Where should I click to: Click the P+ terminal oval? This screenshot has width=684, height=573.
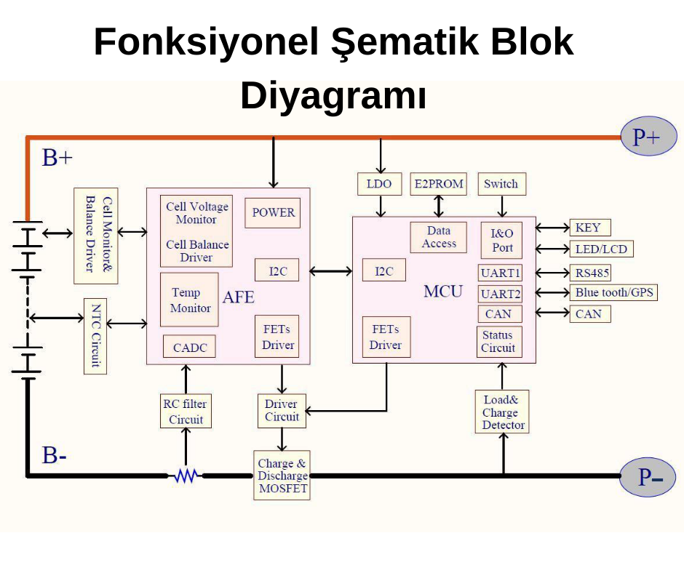point(648,136)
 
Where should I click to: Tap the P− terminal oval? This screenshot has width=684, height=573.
point(648,477)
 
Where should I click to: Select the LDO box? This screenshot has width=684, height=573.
point(379,184)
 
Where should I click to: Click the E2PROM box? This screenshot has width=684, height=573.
point(438,184)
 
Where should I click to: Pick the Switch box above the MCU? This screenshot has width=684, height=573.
point(501,184)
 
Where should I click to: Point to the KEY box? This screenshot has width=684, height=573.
point(589,228)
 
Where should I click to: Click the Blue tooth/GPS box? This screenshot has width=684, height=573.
point(613,293)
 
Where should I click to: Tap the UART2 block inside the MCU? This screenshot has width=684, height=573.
point(500,294)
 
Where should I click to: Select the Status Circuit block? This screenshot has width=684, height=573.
point(498,342)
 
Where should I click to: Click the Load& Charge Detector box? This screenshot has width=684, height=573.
point(501,412)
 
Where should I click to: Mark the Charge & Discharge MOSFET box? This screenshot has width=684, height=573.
point(282,476)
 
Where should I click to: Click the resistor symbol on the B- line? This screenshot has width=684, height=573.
point(187,476)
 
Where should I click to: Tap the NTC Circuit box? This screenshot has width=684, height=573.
point(95,335)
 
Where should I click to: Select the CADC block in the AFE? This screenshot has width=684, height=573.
point(189,348)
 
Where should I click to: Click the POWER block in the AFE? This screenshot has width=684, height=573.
point(273,212)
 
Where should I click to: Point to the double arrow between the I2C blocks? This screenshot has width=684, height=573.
point(331,272)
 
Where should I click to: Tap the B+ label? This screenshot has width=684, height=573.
point(57,158)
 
